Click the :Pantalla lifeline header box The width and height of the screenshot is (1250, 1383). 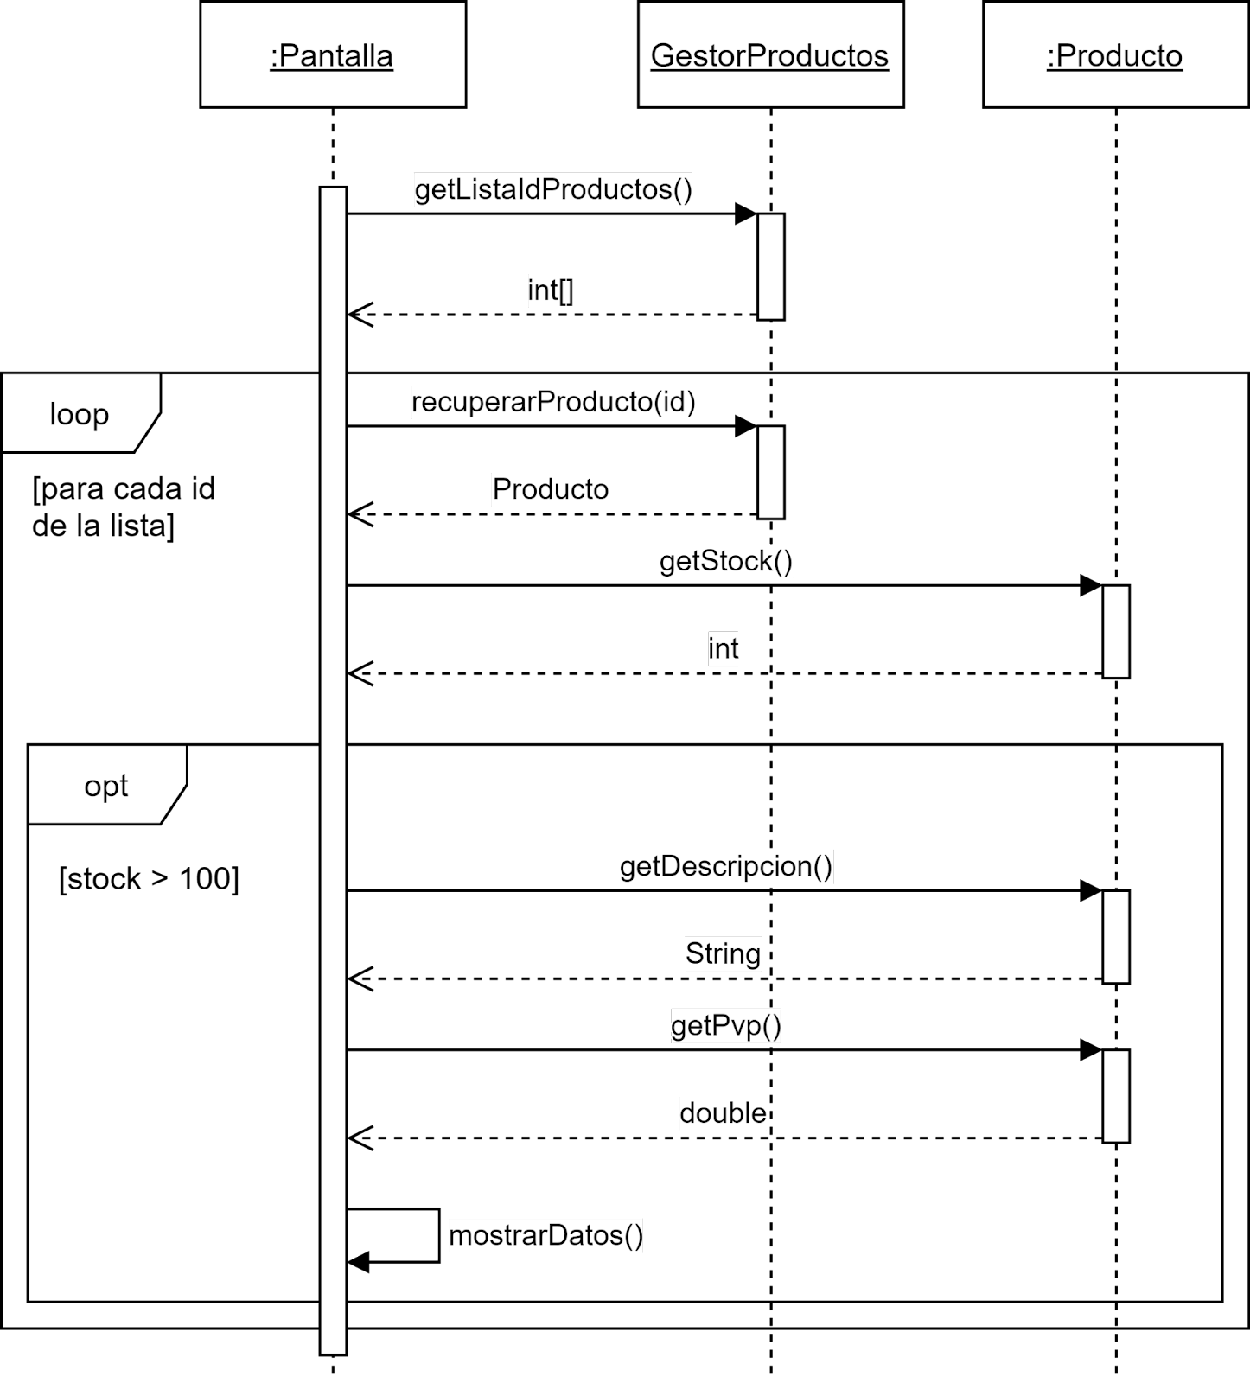pyautogui.click(x=333, y=54)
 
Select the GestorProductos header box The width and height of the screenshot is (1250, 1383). pyautogui.click(x=770, y=54)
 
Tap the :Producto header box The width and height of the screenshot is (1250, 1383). pyautogui.click(x=1115, y=54)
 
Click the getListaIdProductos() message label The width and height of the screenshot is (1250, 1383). pyautogui.click(x=553, y=189)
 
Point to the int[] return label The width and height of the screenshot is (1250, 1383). pyautogui.click(x=551, y=290)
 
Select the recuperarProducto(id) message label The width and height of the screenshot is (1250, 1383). pyautogui.click(x=553, y=402)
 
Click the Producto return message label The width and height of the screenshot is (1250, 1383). pyautogui.click(x=551, y=489)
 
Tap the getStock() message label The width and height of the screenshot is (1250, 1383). pyautogui.click(x=726, y=562)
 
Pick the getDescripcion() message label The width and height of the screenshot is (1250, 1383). pyautogui.click(x=726, y=866)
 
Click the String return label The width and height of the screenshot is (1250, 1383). pyautogui.click(x=724, y=953)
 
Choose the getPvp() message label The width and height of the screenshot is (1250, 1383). pyautogui.click(x=726, y=1026)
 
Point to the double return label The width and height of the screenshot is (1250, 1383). pyautogui.click(x=724, y=1112)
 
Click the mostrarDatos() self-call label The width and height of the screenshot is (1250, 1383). pyautogui.click(x=546, y=1235)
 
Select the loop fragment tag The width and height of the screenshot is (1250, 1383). pyautogui.click(x=80, y=414)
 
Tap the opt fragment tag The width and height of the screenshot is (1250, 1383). pyautogui.click(x=106, y=786)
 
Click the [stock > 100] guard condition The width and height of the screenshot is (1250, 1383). pyautogui.click(x=149, y=879)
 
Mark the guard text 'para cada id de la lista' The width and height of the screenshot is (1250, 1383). pyautogui.click(x=124, y=507)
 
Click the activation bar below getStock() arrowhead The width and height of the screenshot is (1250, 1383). pyautogui.click(x=1116, y=632)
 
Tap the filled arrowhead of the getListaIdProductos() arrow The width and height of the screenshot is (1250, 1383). pyautogui.click(x=746, y=214)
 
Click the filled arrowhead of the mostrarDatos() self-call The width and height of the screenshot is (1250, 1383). pyautogui.click(x=358, y=1262)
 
